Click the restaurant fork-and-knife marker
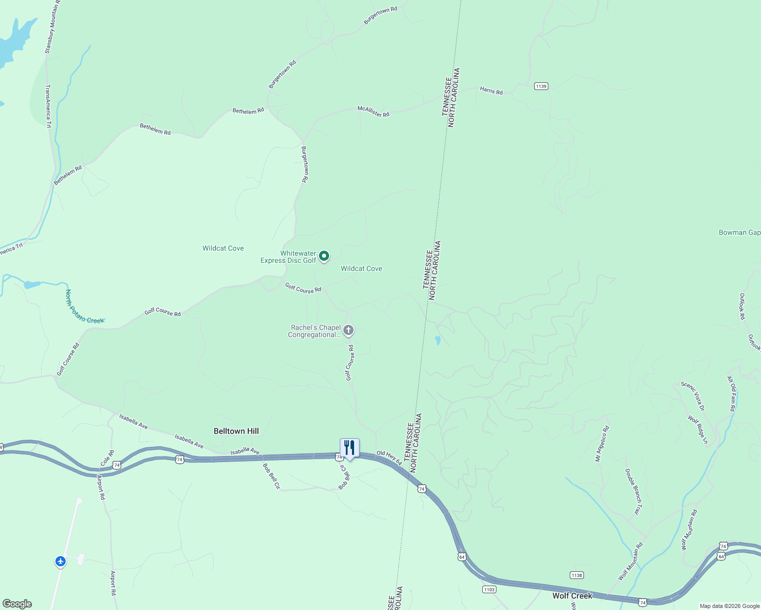tap(349, 448)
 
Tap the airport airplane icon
tap(61, 561)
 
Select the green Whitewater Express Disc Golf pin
tap(324, 256)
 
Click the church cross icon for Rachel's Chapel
tap(348, 331)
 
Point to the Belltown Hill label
tap(236, 431)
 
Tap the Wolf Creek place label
tap(572, 596)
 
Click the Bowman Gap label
tap(739, 232)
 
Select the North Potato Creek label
tap(84, 307)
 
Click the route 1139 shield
tap(541, 86)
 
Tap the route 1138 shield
tap(576, 575)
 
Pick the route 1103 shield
tap(489, 589)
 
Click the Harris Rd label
tap(491, 91)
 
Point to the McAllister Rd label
tap(373, 111)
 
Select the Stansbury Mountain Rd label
tap(52, 26)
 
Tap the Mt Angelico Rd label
tap(602, 444)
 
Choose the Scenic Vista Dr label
tap(693, 396)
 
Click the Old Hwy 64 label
tap(389, 457)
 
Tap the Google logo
tap(17, 604)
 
